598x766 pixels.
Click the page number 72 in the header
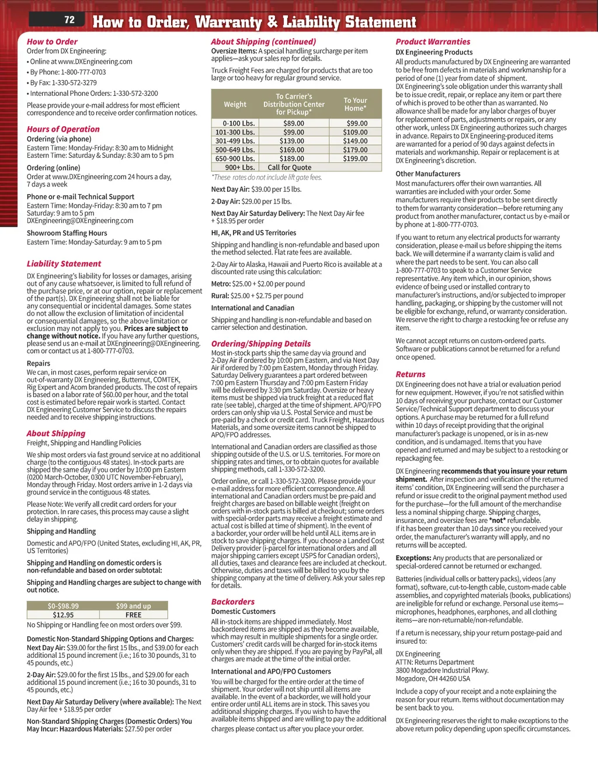(69, 20)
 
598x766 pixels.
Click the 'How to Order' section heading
(52, 42)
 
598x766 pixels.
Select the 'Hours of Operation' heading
(63, 129)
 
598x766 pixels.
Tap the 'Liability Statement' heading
(64, 264)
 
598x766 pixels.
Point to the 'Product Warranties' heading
(433, 42)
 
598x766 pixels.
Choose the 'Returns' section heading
(411, 374)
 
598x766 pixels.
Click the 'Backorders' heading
(233, 602)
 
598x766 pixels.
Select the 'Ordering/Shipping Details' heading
(261, 344)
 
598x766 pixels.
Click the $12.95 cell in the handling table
(63, 615)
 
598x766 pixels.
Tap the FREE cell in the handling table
(133, 615)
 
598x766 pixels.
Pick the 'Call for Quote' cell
(290, 167)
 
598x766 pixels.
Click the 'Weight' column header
(235, 105)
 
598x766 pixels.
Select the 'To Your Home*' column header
(355, 104)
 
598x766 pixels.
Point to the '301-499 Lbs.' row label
(235, 141)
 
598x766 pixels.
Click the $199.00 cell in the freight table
(355, 158)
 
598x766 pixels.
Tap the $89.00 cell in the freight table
(294, 123)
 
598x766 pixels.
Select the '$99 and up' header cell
(133, 606)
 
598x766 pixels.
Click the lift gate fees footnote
(267, 177)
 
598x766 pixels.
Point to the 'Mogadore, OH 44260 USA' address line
(433, 679)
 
